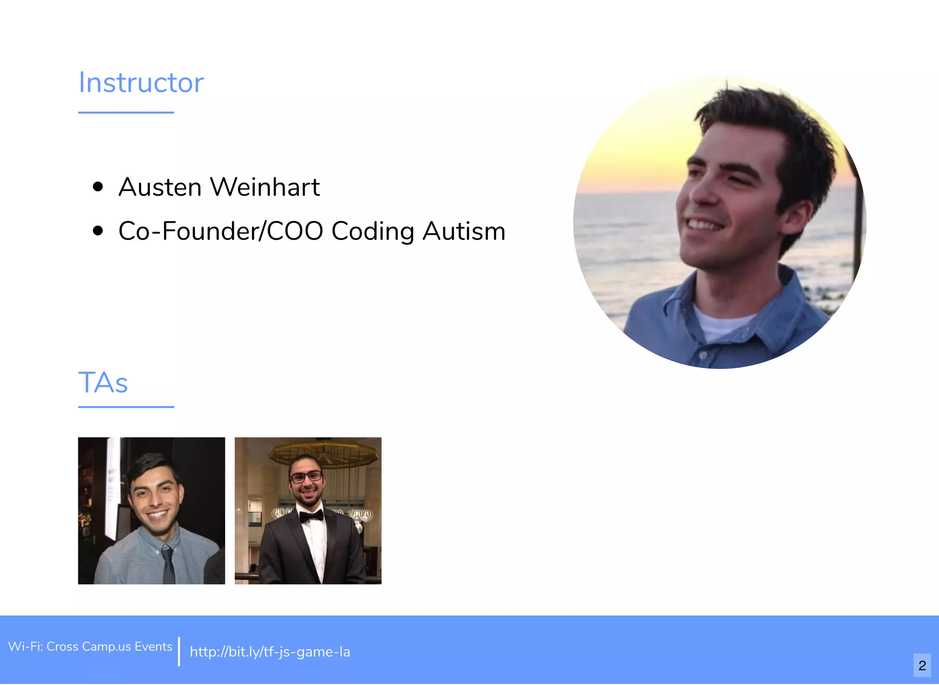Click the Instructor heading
pyautogui.click(x=141, y=83)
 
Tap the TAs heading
pyautogui.click(x=103, y=383)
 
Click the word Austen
pyautogui.click(x=160, y=187)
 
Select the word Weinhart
pyautogui.click(x=265, y=187)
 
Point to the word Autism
pyautogui.click(x=464, y=231)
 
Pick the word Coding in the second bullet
pyautogui.click(x=373, y=232)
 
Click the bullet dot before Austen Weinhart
pyautogui.click(x=98, y=187)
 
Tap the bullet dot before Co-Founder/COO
pyautogui.click(x=98, y=231)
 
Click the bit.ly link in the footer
pyautogui.click(x=270, y=652)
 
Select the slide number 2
pyautogui.click(x=922, y=665)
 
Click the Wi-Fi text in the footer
pyautogui.click(x=90, y=646)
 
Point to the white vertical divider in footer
pyautogui.click(x=179, y=651)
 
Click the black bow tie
pyautogui.click(x=311, y=516)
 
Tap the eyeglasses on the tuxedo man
pyautogui.click(x=306, y=477)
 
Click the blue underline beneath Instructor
pyautogui.click(x=126, y=112)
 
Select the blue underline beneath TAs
pyautogui.click(x=126, y=407)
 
